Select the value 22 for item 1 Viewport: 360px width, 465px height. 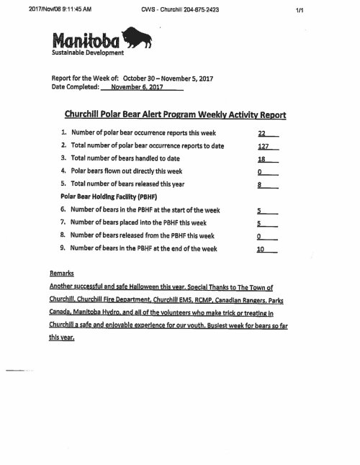pyautogui.click(x=263, y=134)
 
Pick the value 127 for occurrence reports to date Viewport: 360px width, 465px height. pyautogui.click(x=263, y=145)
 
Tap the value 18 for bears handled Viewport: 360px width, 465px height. pyautogui.click(x=262, y=158)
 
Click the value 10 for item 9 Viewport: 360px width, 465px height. pyautogui.click(x=262, y=248)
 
